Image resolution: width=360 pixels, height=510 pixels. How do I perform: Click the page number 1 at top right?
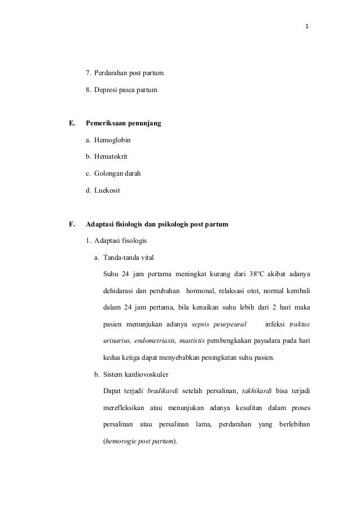pyautogui.click(x=308, y=26)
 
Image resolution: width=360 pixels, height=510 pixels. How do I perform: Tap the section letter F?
pyautogui.click(x=72, y=224)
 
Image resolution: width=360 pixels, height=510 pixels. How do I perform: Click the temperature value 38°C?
pyautogui.click(x=257, y=275)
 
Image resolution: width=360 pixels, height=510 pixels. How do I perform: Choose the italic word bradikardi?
pyautogui.click(x=163, y=391)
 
